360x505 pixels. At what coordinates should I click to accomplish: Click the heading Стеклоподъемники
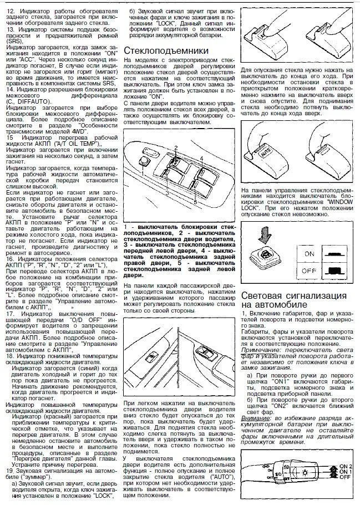pyautogui.click(x=166, y=50)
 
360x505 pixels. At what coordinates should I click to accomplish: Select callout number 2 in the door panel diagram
pyautogui.click(x=176, y=148)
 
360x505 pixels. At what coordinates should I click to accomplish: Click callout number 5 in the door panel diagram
pyautogui.click(x=195, y=202)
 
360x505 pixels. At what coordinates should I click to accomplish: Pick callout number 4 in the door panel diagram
pyautogui.click(x=201, y=158)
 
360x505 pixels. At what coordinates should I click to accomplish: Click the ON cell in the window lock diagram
pyautogui.click(x=309, y=254)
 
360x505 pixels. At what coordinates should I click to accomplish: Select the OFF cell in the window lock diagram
pyautogui.click(x=309, y=271)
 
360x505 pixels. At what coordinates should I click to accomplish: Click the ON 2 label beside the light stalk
pyautogui.click(x=345, y=466)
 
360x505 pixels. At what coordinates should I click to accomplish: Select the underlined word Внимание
pyautogui.click(x=255, y=418)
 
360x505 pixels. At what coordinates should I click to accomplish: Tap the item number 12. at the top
pyautogui.click(x=11, y=11)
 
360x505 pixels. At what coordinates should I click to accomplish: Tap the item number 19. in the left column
pyautogui.click(x=11, y=471)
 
